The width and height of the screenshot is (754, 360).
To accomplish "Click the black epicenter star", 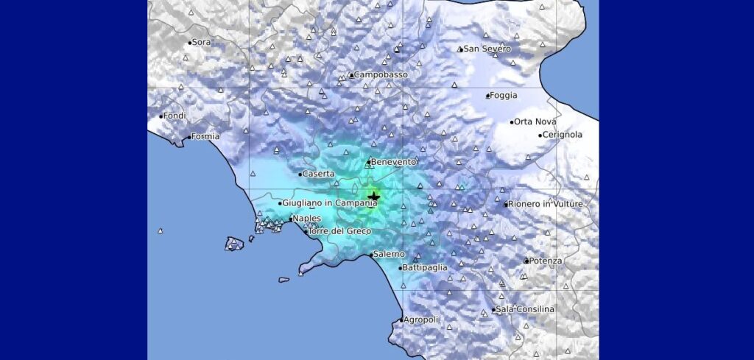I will pyautogui.click(x=374, y=197).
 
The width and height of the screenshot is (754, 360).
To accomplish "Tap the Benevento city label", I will pyautogui.click(x=395, y=162).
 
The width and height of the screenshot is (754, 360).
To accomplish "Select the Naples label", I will pyautogui.click(x=306, y=219).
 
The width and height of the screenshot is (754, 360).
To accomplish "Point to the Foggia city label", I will pyautogui.click(x=504, y=96).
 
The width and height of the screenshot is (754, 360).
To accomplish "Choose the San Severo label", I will pyautogui.click(x=487, y=49).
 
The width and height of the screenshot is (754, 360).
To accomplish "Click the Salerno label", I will pyautogui.click(x=390, y=255).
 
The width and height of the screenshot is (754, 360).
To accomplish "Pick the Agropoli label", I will pyautogui.click(x=421, y=320).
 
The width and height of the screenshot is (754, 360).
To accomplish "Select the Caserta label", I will pyautogui.click(x=319, y=174).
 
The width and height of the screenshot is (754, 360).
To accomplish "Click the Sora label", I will pyautogui.click(x=200, y=43).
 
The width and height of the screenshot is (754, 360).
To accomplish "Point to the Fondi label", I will pyautogui.click(x=175, y=116).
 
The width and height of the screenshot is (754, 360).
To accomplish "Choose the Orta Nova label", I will pyautogui.click(x=535, y=122).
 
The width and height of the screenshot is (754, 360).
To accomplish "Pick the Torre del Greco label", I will pyautogui.click(x=339, y=232).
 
